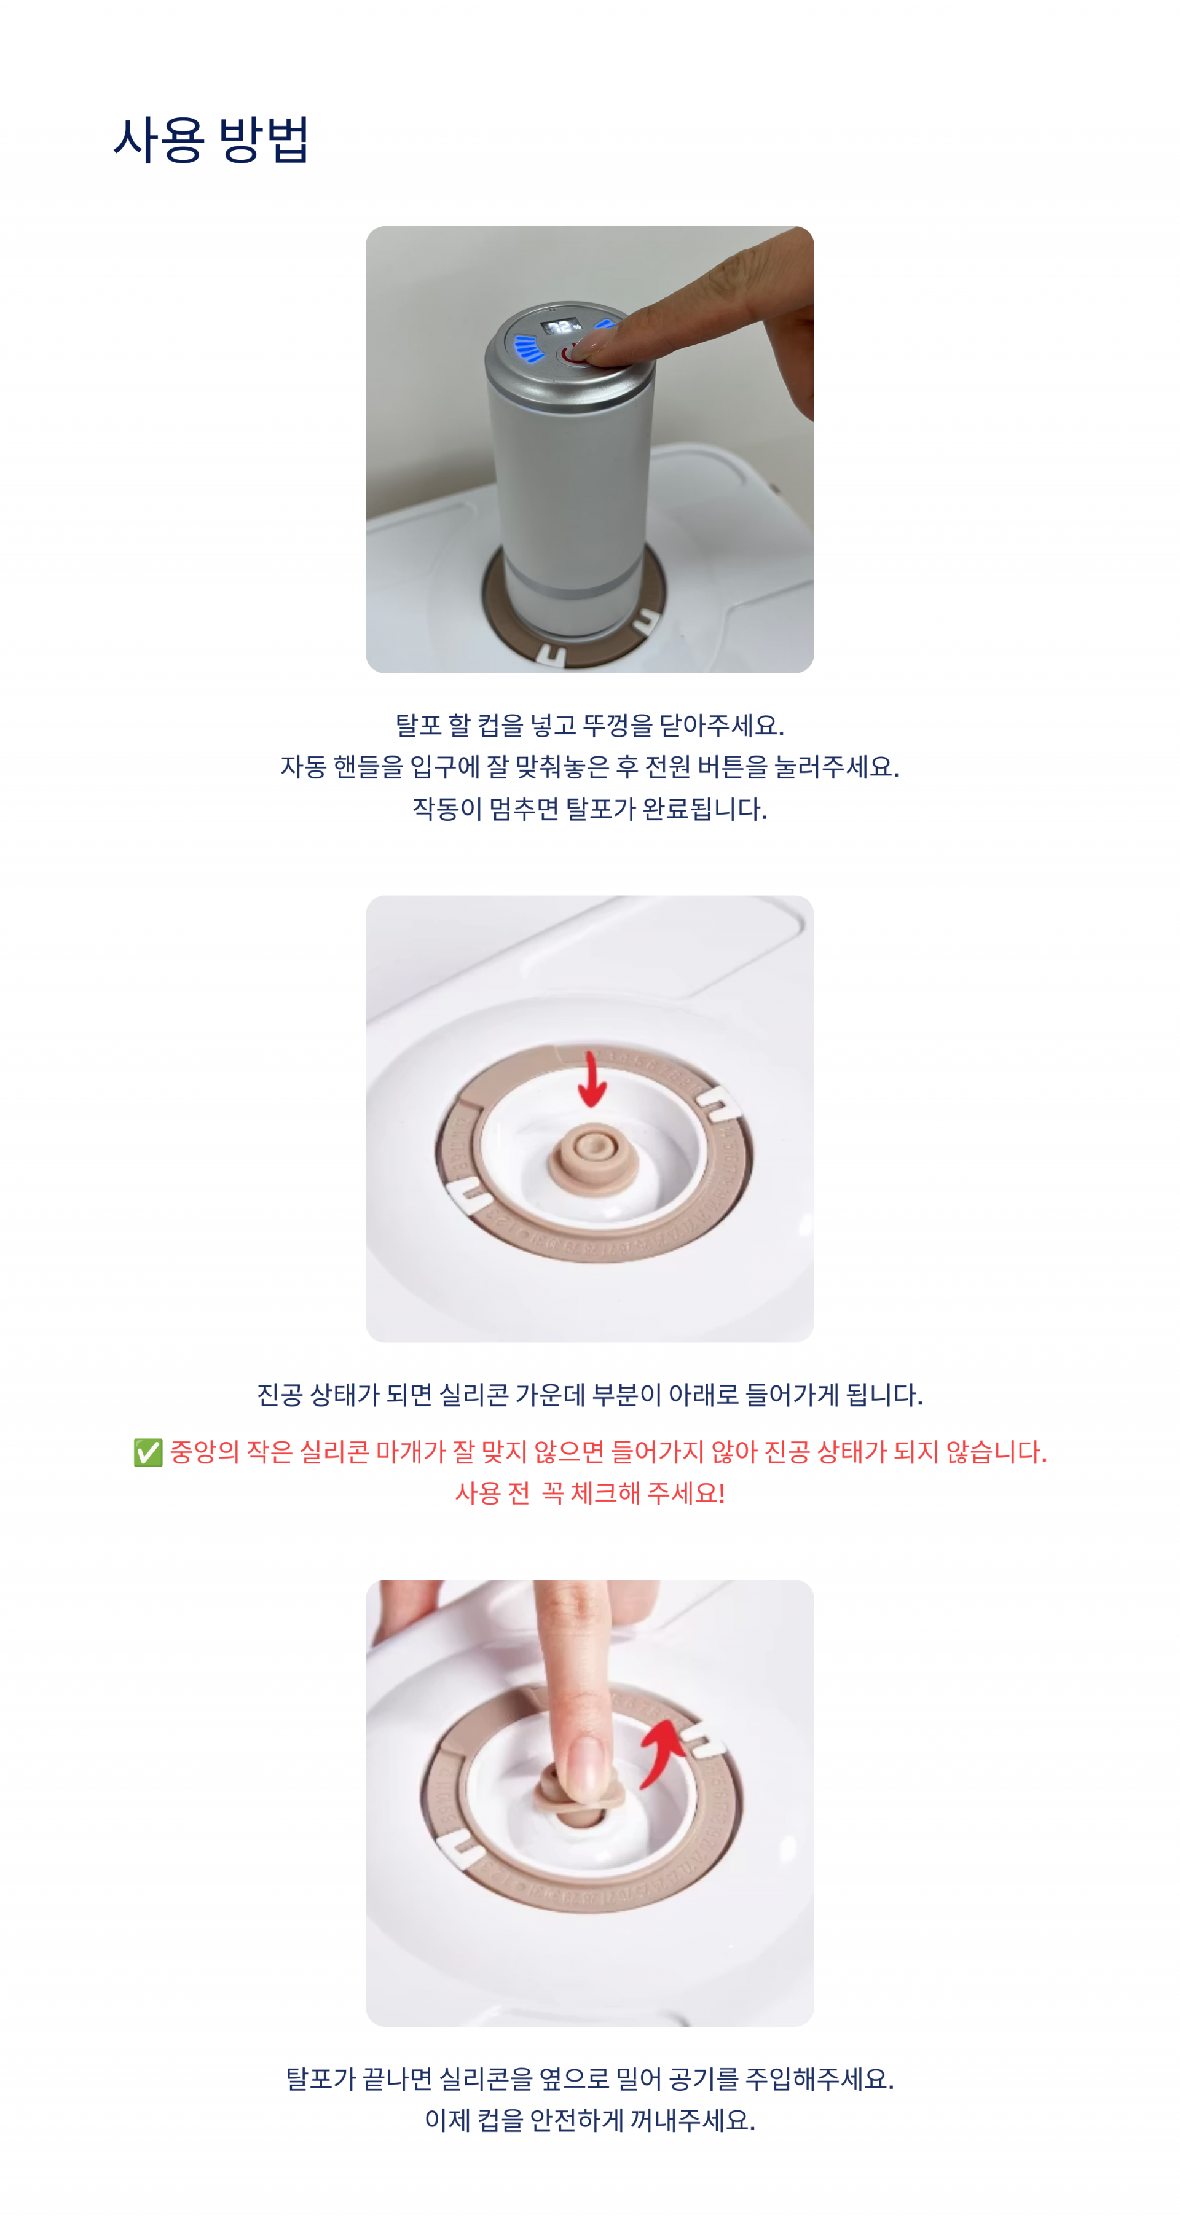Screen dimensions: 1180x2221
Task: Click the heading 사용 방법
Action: [x=211, y=139]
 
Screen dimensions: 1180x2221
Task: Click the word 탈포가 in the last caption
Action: [x=320, y=2078]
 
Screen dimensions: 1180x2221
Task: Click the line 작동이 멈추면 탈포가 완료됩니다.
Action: [x=590, y=809]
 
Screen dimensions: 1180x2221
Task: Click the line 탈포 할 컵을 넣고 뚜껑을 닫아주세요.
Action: [x=590, y=725]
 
